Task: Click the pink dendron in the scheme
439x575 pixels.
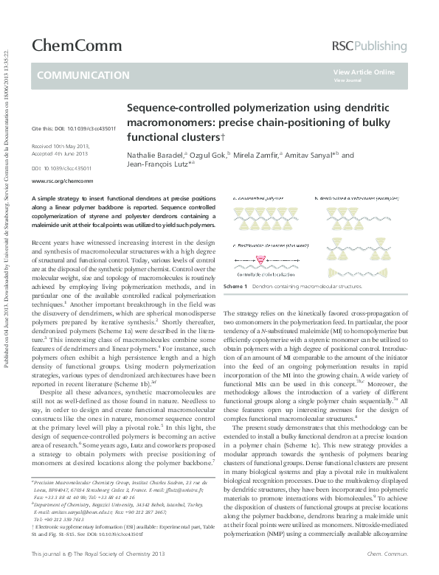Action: [260, 259]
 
